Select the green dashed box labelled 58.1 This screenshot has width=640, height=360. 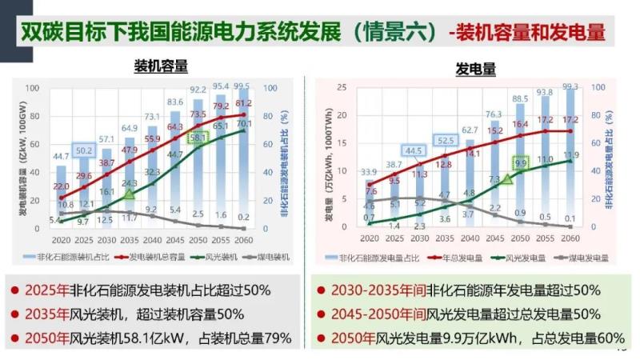click(198, 138)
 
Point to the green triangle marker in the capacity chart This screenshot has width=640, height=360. click(129, 193)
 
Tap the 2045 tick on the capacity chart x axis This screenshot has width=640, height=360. click(174, 239)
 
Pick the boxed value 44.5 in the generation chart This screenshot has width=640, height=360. click(414, 150)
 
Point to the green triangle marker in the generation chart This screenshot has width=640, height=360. click(506, 178)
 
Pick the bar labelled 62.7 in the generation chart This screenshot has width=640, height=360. click(469, 184)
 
